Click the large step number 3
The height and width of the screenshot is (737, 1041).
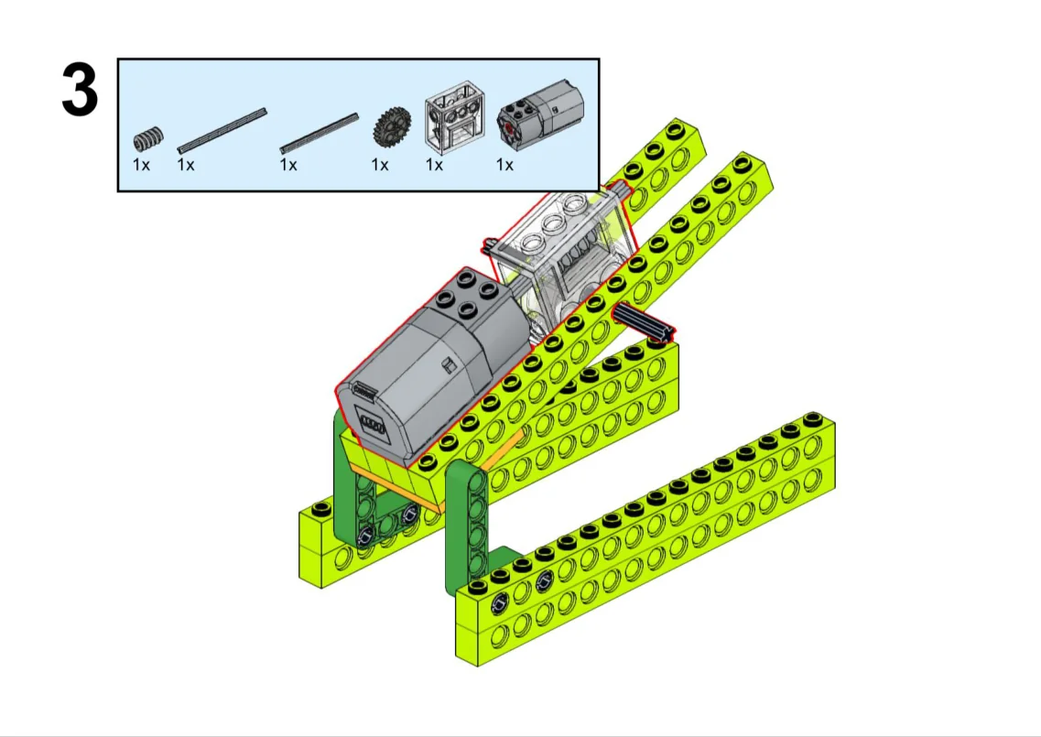pos(80,91)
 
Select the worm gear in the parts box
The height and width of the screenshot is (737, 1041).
pos(148,139)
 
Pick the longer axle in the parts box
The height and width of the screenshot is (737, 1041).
pos(222,130)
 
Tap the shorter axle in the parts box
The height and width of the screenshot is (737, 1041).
pos(319,134)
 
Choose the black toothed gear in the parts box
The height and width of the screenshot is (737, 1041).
pos(392,125)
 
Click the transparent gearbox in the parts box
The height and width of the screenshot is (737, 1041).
pos(454,117)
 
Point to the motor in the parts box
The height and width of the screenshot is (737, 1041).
pos(540,115)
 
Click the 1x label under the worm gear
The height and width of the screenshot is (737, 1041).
pos(141,164)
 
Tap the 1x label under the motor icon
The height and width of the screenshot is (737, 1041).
pos(504,164)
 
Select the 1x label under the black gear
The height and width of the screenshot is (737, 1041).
pos(380,164)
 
